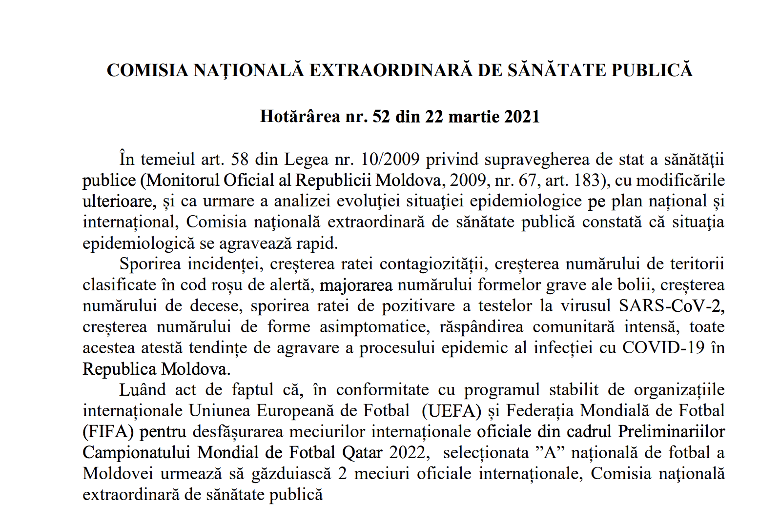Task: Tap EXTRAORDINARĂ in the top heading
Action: click(x=391, y=70)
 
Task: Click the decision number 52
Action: click(x=381, y=117)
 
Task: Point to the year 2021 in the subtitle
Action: click(x=522, y=117)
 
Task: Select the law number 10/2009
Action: click(x=390, y=160)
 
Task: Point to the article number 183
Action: click(x=587, y=181)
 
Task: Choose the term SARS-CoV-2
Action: click(x=671, y=306)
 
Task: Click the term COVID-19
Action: click(x=663, y=348)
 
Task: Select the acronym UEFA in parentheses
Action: click(x=452, y=411)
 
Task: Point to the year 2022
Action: click(x=409, y=453)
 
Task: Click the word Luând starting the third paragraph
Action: click(x=143, y=390)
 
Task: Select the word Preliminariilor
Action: click(x=671, y=432)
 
